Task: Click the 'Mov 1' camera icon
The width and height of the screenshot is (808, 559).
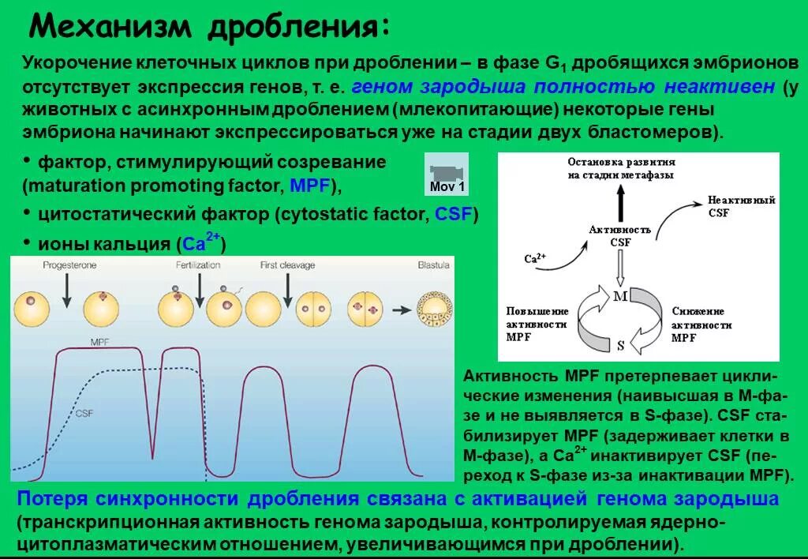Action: pyautogui.click(x=447, y=174)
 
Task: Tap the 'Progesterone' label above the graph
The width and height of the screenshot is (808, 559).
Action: pyautogui.click(x=70, y=266)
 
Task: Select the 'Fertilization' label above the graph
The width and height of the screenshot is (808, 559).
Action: pyautogui.click(x=198, y=266)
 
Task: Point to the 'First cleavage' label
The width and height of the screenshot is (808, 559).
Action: pyautogui.click(x=287, y=266)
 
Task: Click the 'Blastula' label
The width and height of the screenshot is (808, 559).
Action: pyautogui.click(x=433, y=266)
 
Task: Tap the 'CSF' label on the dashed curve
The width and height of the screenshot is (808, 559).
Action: pyautogui.click(x=84, y=412)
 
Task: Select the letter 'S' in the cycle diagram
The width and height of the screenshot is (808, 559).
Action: pyautogui.click(x=620, y=345)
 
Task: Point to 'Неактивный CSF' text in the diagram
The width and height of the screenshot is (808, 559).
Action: pyautogui.click(x=730, y=207)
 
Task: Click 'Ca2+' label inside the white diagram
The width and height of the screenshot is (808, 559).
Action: pyautogui.click(x=535, y=257)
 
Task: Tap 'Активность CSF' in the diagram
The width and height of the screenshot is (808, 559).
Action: pyautogui.click(x=620, y=235)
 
